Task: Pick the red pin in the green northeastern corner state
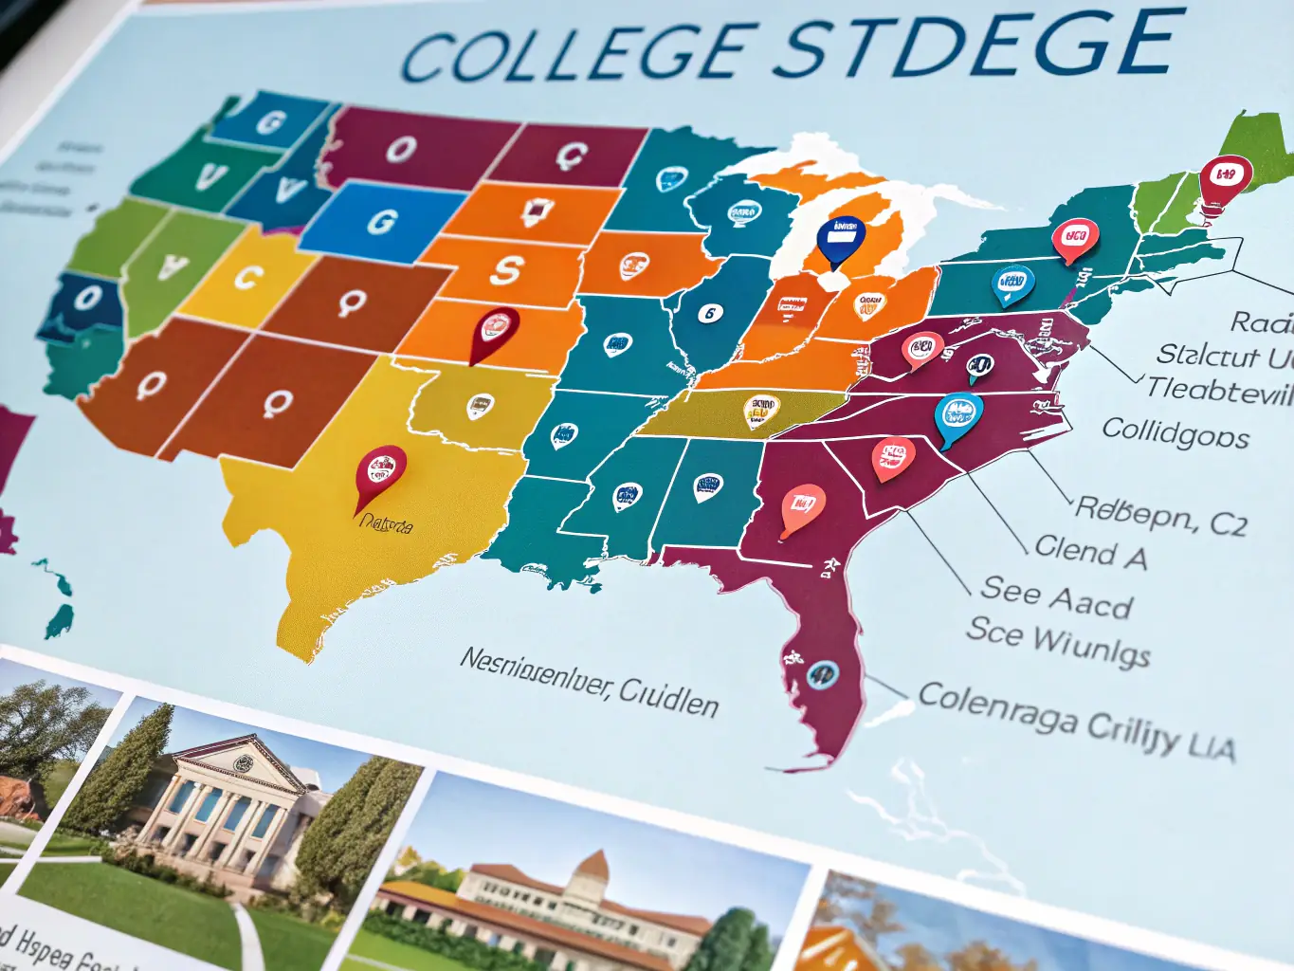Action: click(1224, 177)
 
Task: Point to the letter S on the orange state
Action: click(506, 270)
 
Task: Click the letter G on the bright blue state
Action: click(382, 222)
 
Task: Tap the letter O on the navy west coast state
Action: click(87, 299)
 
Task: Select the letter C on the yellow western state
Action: click(247, 278)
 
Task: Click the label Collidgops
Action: click(1175, 433)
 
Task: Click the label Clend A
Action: click(1090, 552)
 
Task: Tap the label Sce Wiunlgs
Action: click(1058, 640)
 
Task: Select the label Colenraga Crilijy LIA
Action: click(1076, 720)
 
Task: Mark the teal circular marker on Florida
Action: click(822, 674)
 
